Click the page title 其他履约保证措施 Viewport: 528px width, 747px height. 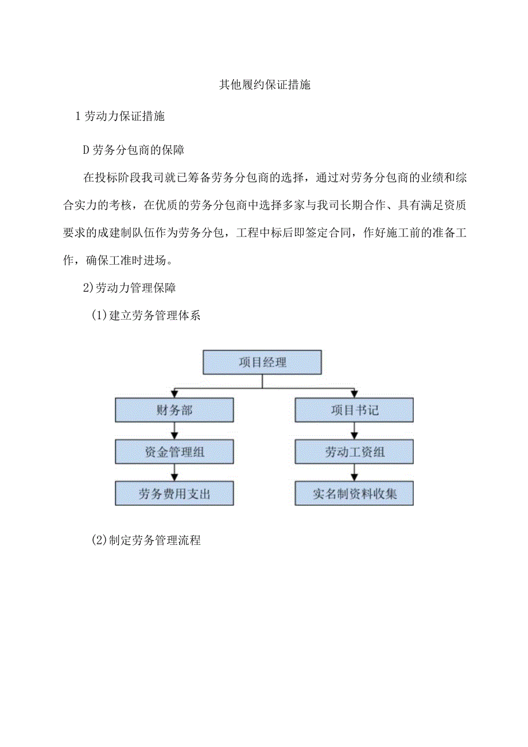pyautogui.click(x=265, y=85)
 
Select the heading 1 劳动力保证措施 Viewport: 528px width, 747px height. pyautogui.click(x=121, y=116)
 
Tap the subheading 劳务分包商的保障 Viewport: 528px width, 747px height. pyautogui.click(x=134, y=150)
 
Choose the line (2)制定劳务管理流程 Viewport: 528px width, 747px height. pyautogui.click(x=146, y=540)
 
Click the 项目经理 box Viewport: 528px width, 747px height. pyautogui.click(x=262, y=362)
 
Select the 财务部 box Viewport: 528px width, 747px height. pyautogui.click(x=174, y=410)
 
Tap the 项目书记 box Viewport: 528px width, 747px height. pyautogui.click(x=354, y=410)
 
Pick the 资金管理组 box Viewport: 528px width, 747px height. pyautogui.click(x=174, y=452)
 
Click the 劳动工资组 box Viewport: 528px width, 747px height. pyautogui.click(x=354, y=452)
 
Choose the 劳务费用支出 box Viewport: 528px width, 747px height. pyautogui.click(x=174, y=494)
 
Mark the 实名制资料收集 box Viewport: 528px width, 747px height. pyautogui.click(x=354, y=494)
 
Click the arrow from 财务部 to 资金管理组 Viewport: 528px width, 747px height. pyautogui.click(x=174, y=431)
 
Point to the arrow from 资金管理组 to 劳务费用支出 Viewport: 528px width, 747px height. pyautogui.click(x=174, y=473)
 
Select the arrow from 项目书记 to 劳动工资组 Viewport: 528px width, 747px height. pyautogui.click(x=354, y=431)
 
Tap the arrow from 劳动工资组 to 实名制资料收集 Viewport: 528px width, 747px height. pyautogui.click(x=354, y=473)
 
